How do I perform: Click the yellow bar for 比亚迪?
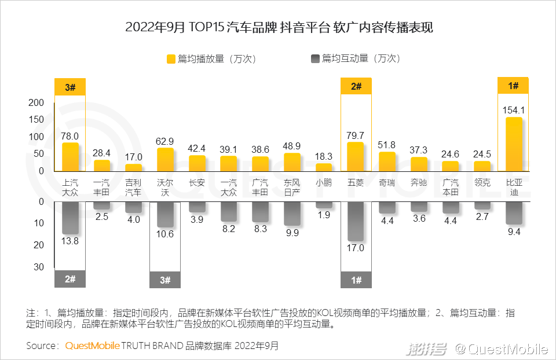pyautogui.click(x=514, y=144)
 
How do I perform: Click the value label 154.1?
pyautogui.click(x=514, y=110)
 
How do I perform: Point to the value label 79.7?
pyautogui.click(x=355, y=135)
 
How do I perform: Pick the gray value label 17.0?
pyautogui.click(x=355, y=248)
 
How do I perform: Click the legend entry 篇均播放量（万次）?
pyautogui.click(x=211, y=58)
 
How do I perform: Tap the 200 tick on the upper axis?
pyautogui.click(x=36, y=103)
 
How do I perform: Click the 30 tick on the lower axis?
pyautogui.click(x=39, y=267)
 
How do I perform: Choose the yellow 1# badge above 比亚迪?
pyautogui.click(x=513, y=86)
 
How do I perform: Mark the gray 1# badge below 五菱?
pyautogui.click(x=356, y=280)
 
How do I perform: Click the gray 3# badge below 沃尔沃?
pyautogui.click(x=165, y=280)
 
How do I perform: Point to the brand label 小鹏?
pyautogui.click(x=324, y=183)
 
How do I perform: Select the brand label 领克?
pyautogui.click(x=482, y=183)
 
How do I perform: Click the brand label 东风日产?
pyautogui.click(x=292, y=188)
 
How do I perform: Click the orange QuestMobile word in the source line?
pyautogui.click(x=93, y=346)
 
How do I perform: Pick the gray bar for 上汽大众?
pyautogui.click(x=70, y=218)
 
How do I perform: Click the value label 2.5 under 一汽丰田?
pyautogui.click(x=102, y=216)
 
